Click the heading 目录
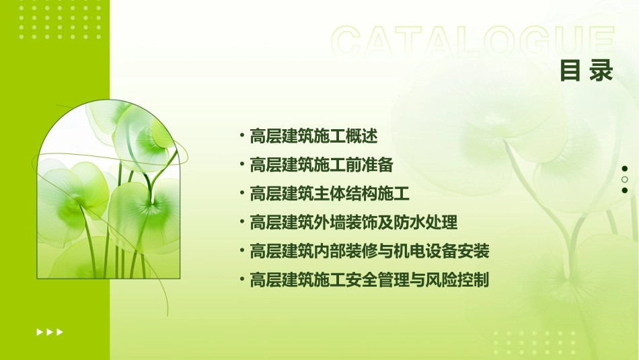pos(587,71)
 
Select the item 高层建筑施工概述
pos(313,136)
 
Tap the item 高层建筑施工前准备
pos(321,165)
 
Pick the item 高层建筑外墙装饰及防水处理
pos(354,222)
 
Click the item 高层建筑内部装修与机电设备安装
pos(369,252)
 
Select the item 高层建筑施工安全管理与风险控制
pos(369,280)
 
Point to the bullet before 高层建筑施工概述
pos(241,136)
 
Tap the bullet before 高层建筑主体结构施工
pos(241,194)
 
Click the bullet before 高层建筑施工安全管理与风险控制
pos(241,279)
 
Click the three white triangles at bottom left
pos(50,332)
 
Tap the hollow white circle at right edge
pos(624,180)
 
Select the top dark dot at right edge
pos(624,169)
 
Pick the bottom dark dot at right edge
pos(624,190)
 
